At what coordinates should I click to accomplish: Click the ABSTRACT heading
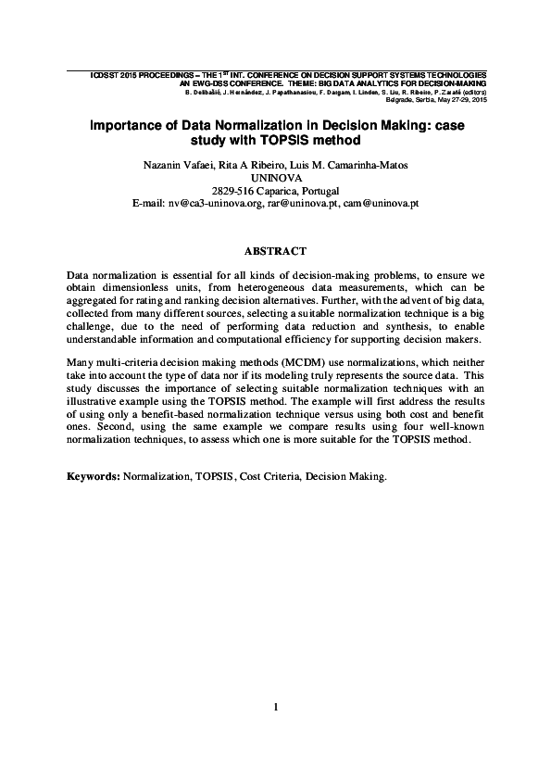click(x=274, y=251)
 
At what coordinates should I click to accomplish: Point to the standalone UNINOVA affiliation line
click(x=276, y=177)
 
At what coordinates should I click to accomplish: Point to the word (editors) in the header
click(x=470, y=93)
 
